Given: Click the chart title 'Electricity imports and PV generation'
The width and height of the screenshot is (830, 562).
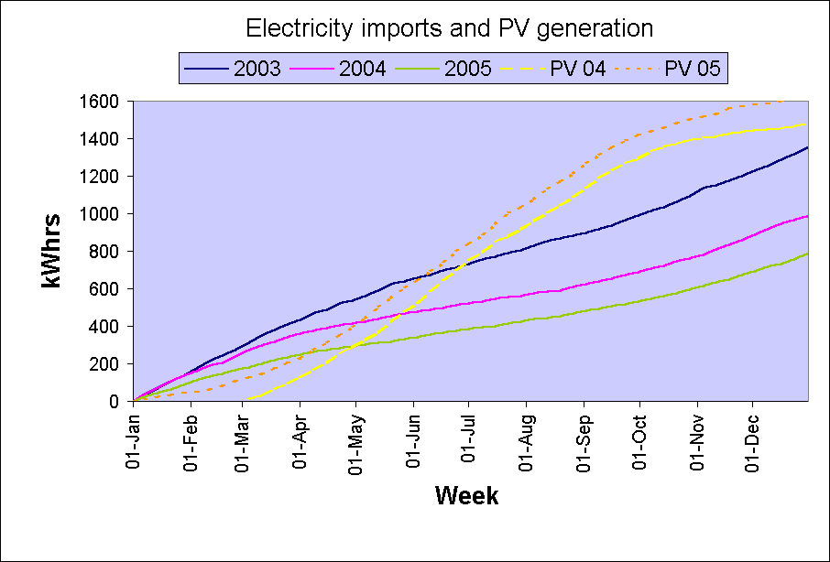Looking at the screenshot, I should click(x=449, y=28).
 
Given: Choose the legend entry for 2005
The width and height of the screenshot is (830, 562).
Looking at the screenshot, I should click(x=474, y=68).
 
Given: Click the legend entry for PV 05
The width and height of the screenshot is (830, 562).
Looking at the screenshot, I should click(x=693, y=68).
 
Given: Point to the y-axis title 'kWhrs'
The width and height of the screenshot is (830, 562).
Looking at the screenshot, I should click(x=51, y=250).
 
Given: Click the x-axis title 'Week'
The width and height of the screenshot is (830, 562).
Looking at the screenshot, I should click(x=466, y=496).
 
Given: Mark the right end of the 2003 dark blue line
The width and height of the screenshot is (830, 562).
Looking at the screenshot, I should click(x=807, y=147).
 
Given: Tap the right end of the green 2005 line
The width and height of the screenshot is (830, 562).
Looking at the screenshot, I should click(x=807, y=254).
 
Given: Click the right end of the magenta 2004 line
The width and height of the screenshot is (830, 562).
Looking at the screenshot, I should click(x=807, y=216).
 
